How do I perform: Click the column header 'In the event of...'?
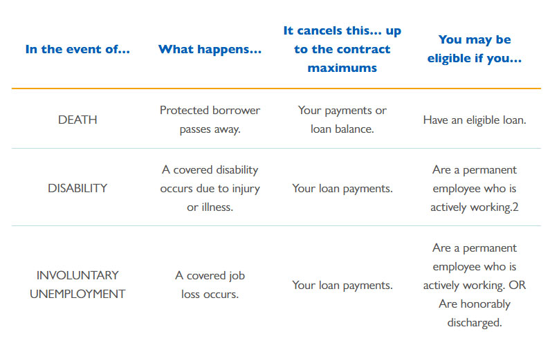[x=77, y=49]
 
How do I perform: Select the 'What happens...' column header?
[x=210, y=49]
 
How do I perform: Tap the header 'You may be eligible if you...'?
[x=475, y=49]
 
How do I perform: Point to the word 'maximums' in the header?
[x=342, y=68]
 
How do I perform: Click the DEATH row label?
[x=77, y=120]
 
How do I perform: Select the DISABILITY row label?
[x=77, y=188]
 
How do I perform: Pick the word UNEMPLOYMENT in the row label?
[x=77, y=294]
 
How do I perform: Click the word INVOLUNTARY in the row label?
[x=77, y=275]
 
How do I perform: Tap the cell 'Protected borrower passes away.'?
[x=210, y=120]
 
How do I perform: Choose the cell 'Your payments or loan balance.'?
[x=342, y=120]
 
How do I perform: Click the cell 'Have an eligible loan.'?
[x=475, y=120]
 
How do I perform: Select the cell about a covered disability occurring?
[x=210, y=188]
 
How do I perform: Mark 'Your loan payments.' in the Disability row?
[x=342, y=189]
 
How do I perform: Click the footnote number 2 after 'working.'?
[x=515, y=207]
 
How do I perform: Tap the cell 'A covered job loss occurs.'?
[x=210, y=285]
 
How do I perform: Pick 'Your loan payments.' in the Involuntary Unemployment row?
[x=342, y=286]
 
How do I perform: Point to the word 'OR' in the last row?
[x=517, y=285]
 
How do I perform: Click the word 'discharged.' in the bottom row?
[x=475, y=323]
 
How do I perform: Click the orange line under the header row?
[x=276, y=89]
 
